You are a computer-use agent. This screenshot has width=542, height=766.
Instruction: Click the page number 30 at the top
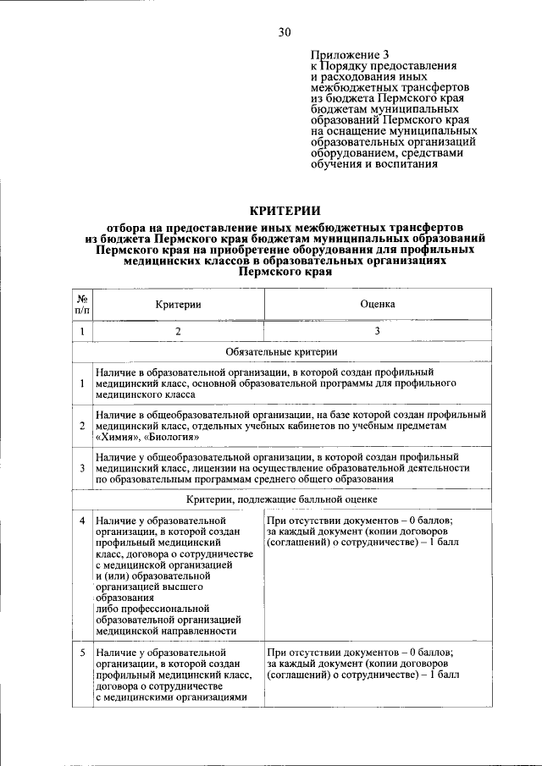pos(284,32)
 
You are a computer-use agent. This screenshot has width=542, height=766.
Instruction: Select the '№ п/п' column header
pos(82,304)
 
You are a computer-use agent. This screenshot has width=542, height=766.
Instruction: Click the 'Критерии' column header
pos(178,304)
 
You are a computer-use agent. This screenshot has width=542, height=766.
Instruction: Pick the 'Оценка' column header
pos(377,304)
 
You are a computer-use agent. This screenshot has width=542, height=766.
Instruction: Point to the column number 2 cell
pos(178,332)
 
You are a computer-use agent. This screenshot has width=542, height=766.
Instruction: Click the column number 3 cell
pos(377,332)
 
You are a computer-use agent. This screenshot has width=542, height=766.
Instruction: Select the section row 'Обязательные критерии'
pos(282,351)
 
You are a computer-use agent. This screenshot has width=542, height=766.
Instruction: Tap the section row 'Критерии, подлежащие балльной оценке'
pos(282,500)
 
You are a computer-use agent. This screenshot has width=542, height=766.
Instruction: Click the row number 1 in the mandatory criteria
pos(82,383)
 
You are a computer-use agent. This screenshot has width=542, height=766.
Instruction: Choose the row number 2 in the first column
pos(82,426)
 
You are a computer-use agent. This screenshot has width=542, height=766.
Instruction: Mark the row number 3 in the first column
pos(82,467)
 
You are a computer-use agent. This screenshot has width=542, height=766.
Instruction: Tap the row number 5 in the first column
pos(82,653)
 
